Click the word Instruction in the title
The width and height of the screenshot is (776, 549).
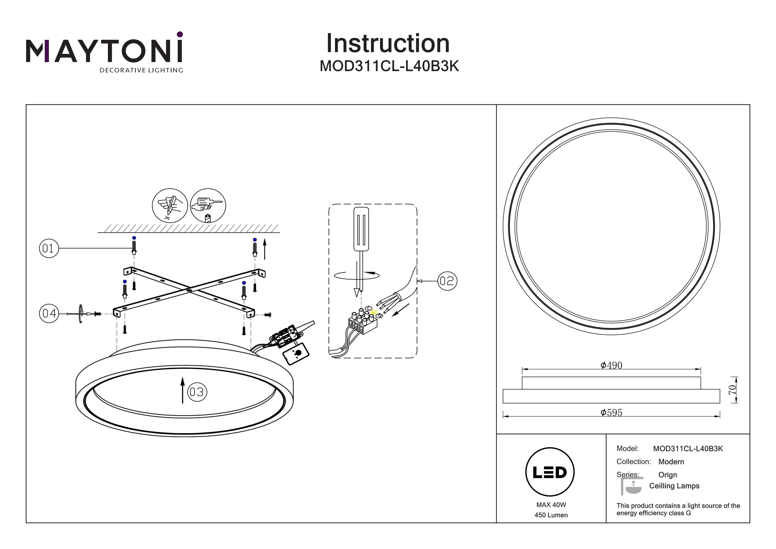click(x=388, y=44)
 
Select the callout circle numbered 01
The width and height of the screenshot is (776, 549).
click(x=49, y=248)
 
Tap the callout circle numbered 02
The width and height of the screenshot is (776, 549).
click(x=447, y=281)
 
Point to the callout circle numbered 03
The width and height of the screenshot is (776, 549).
click(x=197, y=392)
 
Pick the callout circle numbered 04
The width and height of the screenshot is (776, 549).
click(x=49, y=313)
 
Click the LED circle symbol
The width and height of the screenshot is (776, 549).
click(x=550, y=472)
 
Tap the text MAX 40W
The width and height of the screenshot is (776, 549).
click(x=551, y=505)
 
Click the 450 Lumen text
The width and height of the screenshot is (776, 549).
click(x=551, y=515)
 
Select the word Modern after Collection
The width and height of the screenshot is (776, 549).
click(x=671, y=462)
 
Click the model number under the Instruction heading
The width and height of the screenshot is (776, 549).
click(x=389, y=66)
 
